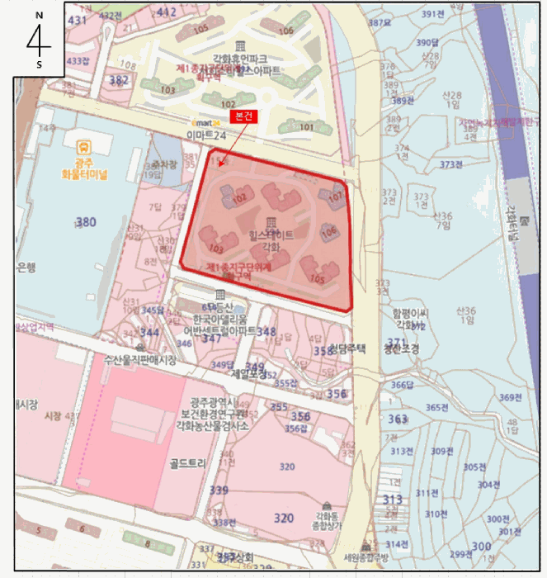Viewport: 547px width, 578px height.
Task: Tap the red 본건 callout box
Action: click(243, 116)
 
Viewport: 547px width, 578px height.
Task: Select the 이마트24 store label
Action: click(205, 134)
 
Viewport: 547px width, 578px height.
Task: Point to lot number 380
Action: click(86, 221)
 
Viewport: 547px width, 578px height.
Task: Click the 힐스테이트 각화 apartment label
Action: click(271, 240)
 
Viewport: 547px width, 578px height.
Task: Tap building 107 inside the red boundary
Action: click(335, 197)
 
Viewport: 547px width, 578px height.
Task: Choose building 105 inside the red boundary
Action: click(317, 278)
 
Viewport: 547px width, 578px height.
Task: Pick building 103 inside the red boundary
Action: click(217, 248)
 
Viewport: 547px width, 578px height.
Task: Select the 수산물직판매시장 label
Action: click(140, 360)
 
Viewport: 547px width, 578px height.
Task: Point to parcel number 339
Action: click(219, 490)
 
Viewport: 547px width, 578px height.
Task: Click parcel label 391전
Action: click(432, 14)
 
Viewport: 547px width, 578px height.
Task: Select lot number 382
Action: click(119, 79)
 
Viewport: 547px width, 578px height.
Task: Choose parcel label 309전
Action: click(441, 451)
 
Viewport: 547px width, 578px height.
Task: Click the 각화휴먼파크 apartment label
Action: click(240, 59)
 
